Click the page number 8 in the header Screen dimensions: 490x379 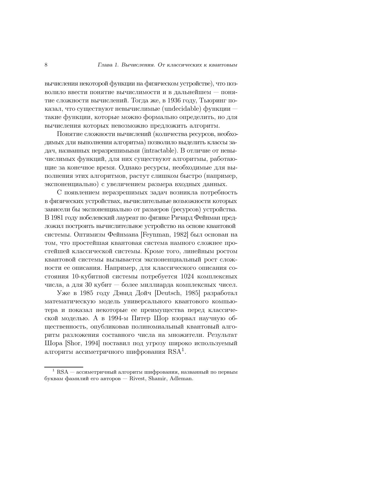pyautogui.click(x=46, y=65)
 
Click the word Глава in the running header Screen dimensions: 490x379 pyautogui.click(x=104, y=65)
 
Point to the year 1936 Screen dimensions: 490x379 pyautogui.click(x=174, y=100)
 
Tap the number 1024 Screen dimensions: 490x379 pyautogui.click(x=187, y=277)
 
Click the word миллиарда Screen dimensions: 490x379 pyautogui.click(x=169, y=285)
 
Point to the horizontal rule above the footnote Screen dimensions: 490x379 pyautogui.click(x=64, y=367)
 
